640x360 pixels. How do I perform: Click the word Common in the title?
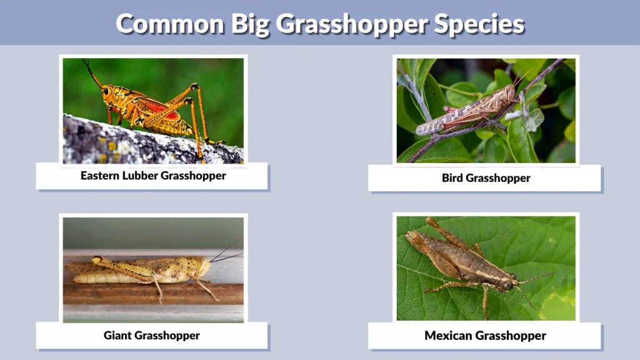pos(171,24)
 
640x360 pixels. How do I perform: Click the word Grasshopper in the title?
pos(351,24)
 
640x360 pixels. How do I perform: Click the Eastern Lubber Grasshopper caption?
pos(153,176)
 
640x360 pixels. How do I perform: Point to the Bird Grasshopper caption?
pos(486,178)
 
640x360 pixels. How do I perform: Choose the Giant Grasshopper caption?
pos(152,336)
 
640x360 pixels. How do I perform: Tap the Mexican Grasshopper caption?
pos(485,336)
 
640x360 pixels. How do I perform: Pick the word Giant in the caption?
pos(117,336)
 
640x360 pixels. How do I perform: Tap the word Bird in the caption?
pos(452,178)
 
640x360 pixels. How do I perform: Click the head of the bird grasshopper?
pos(511,94)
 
